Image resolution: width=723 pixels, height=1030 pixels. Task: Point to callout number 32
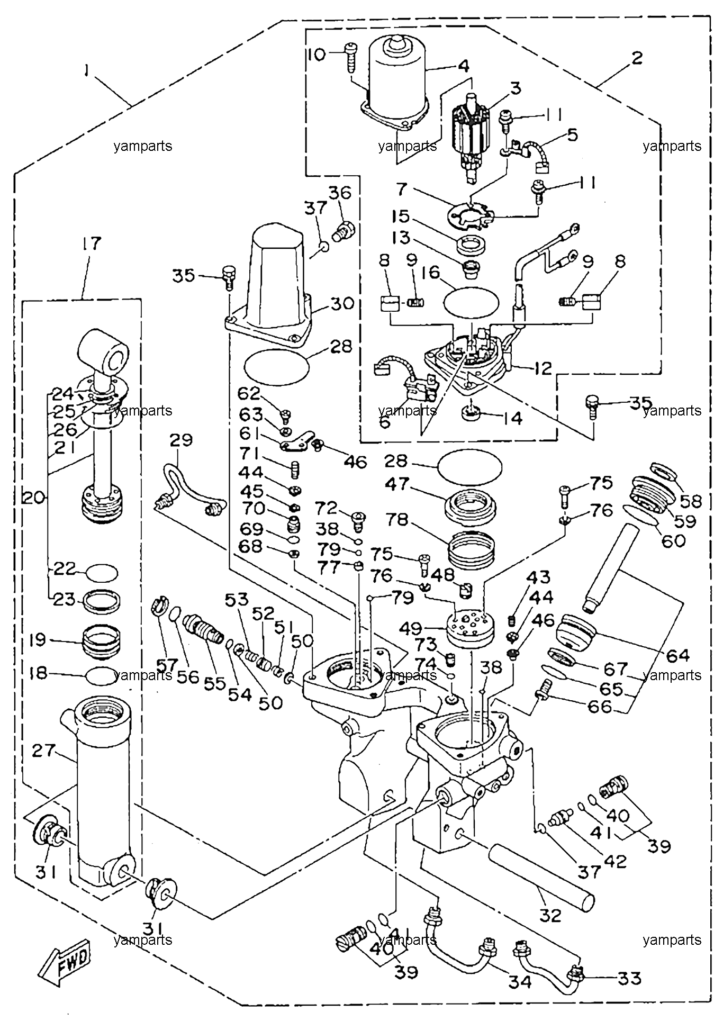click(x=550, y=915)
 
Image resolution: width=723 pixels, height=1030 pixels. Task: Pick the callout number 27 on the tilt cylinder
click(x=44, y=751)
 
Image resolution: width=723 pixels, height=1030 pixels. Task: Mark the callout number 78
click(x=397, y=521)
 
